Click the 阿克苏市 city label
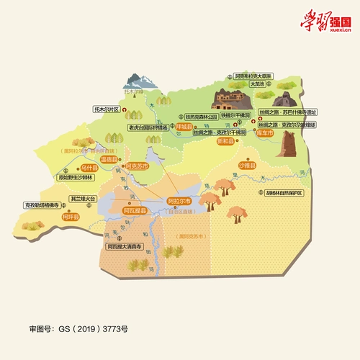[137, 166]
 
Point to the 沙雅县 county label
[248, 166]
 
